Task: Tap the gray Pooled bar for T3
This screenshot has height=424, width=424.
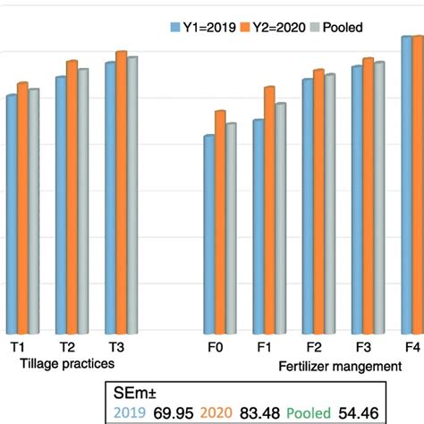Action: pyautogui.click(x=132, y=193)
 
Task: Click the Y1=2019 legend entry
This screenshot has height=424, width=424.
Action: pyautogui.click(x=202, y=27)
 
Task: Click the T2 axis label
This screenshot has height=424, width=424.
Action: pyautogui.click(x=67, y=347)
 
